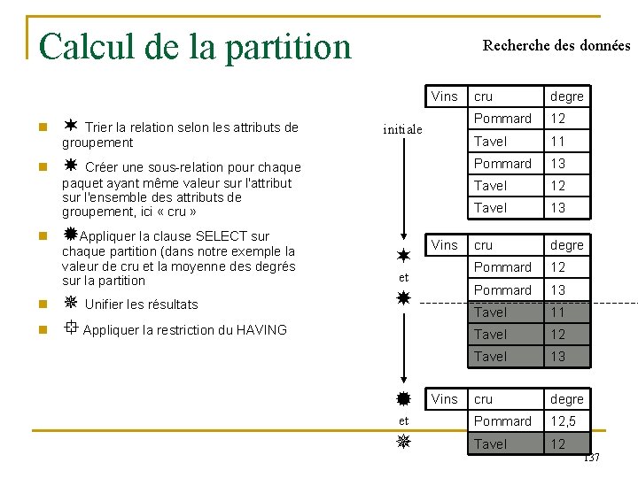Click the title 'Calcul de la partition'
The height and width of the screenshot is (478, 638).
point(195,46)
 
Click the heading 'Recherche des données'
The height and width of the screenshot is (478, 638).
point(556,45)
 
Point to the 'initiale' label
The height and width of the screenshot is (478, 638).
point(402,129)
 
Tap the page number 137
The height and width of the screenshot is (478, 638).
point(591,458)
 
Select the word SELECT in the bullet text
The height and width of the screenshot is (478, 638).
point(222,236)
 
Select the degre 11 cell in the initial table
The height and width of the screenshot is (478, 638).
point(558,141)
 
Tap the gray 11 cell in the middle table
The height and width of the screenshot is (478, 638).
point(558,312)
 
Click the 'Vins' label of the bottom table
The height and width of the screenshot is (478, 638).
point(444,399)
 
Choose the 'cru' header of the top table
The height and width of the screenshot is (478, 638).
point(484,96)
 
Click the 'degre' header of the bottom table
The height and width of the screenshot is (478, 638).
point(567,399)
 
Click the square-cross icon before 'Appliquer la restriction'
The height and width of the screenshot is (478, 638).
point(71,328)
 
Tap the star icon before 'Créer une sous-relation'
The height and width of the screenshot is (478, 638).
point(71,165)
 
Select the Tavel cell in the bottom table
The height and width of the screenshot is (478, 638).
point(490,444)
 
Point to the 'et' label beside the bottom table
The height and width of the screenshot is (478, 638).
point(403,421)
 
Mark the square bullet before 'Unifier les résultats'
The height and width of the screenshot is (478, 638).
point(32,305)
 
